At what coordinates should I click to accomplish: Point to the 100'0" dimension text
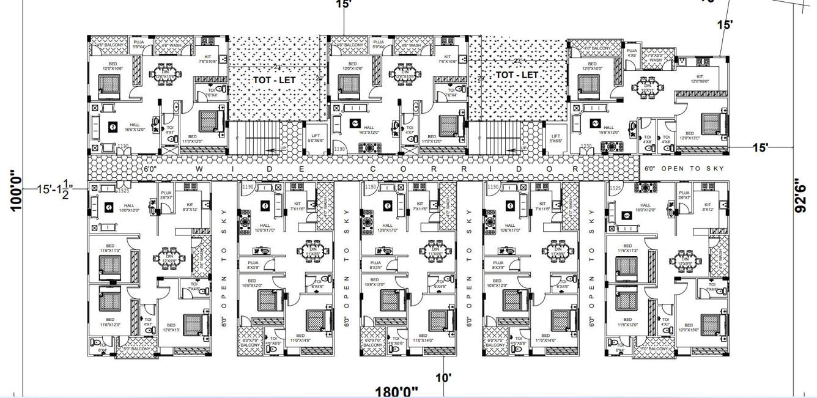(17, 190)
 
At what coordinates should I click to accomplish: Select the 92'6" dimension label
(805, 194)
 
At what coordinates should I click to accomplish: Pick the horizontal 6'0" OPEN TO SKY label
(685, 168)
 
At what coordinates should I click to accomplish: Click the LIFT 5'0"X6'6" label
(316, 138)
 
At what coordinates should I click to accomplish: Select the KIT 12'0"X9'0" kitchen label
(700, 79)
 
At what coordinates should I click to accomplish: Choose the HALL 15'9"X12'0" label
(608, 130)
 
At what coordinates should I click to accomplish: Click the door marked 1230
(586, 146)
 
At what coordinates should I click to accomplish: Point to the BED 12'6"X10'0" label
(592, 66)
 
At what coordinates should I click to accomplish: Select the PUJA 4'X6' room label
(632, 53)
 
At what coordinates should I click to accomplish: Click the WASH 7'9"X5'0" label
(655, 57)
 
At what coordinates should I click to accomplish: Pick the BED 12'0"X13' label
(171, 327)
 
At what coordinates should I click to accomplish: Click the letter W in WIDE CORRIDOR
(198, 168)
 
